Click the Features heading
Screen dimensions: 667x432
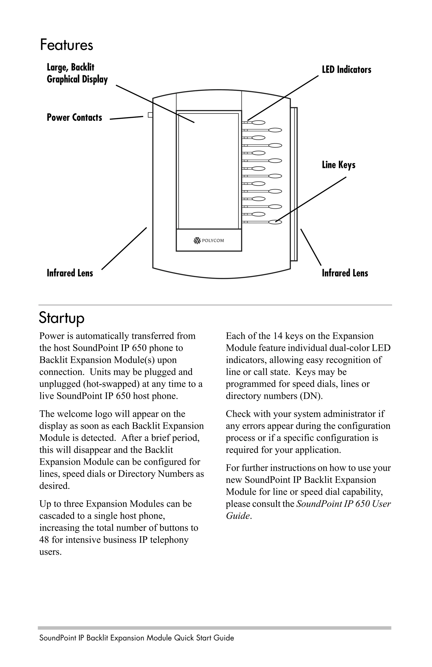[66, 45]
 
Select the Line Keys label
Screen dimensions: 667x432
[338, 165]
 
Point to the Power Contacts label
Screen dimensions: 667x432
[74, 117]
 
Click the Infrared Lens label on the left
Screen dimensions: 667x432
[70, 273]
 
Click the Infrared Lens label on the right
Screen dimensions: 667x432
[345, 273]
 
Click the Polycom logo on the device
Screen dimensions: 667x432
[209, 241]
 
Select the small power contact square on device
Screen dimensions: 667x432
[150, 115]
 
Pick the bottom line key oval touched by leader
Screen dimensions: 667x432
[275, 222]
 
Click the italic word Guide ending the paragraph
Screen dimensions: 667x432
[238, 516]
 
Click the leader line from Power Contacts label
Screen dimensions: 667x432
[126, 118]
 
